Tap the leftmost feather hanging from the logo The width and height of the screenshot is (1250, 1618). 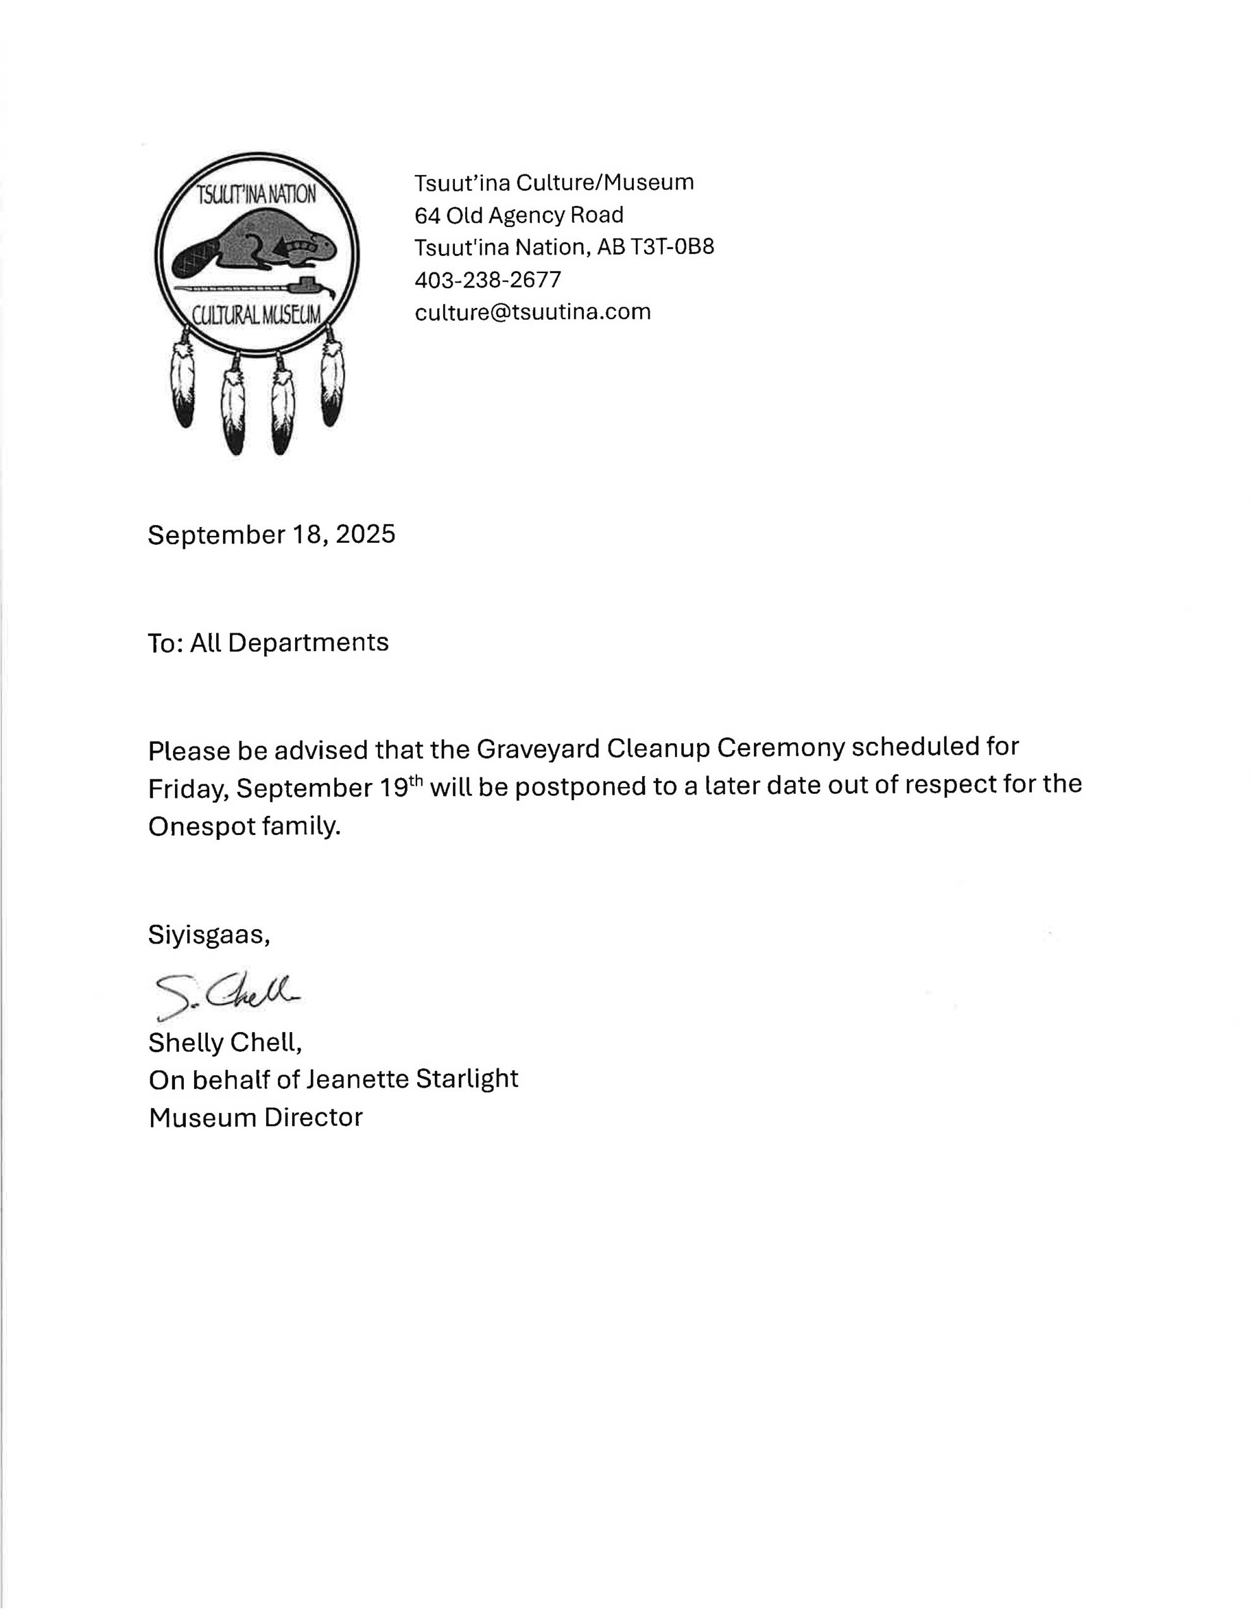pyautogui.click(x=182, y=383)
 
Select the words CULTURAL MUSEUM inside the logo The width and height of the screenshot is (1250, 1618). pyautogui.click(x=257, y=315)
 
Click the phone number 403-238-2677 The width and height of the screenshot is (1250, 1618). pyautogui.click(x=488, y=280)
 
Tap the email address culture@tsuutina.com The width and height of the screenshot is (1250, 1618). pyautogui.click(x=532, y=312)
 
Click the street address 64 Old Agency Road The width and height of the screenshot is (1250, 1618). pyautogui.click(x=519, y=215)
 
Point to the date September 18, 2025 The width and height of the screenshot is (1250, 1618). pyautogui.click(x=271, y=534)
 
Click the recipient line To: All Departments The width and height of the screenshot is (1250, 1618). pyautogui.click(x=267, y=642)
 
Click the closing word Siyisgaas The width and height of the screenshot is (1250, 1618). pyautogui.click(x=208, y=935)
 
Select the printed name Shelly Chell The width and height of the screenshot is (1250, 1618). pyautogui.click(x=224, y=1043)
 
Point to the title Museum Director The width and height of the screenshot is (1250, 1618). pyautogui.click(x=256, y=1117)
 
